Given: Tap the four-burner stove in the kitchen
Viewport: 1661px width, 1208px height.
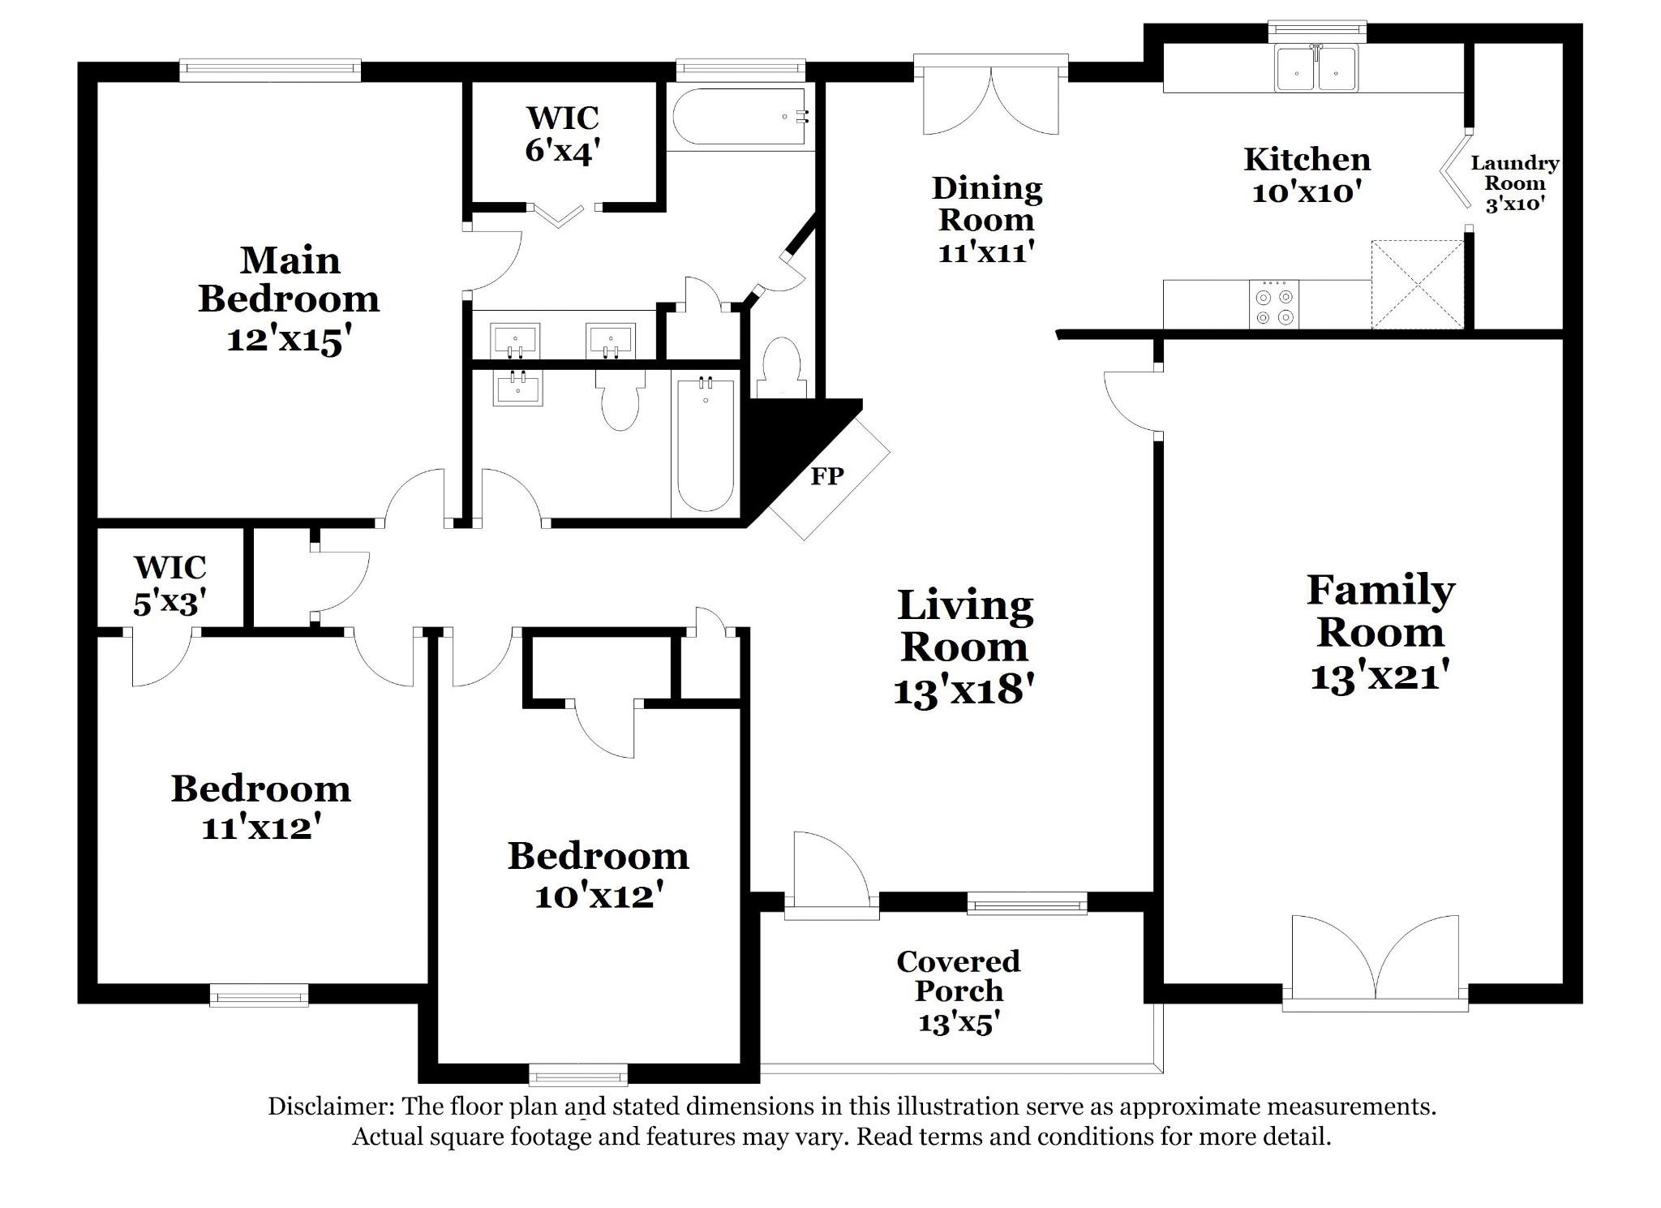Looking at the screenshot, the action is (1274, 304).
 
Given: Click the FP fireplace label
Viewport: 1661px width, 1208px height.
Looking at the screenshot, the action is (827, 475).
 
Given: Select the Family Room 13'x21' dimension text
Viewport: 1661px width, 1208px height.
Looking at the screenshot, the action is (1380, 675).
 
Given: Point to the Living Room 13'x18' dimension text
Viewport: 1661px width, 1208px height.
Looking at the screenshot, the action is (964, 690).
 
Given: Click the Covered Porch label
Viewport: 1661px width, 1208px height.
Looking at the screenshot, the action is (959, 976).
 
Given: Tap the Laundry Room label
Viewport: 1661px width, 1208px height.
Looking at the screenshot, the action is (1515, 173).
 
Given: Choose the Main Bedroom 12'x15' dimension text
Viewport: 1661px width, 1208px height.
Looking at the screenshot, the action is (289, 338).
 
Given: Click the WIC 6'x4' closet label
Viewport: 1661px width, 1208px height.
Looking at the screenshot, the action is (563, 134).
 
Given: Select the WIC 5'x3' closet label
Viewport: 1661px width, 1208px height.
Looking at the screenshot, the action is (170, 584).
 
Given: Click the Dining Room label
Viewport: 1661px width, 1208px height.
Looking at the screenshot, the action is (987, 204).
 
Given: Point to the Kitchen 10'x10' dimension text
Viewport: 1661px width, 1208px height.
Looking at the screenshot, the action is (1307, 192).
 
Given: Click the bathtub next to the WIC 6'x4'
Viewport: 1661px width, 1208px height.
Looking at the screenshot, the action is (739, 117).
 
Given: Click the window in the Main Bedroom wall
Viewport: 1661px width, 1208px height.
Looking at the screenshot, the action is (269, 71).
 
